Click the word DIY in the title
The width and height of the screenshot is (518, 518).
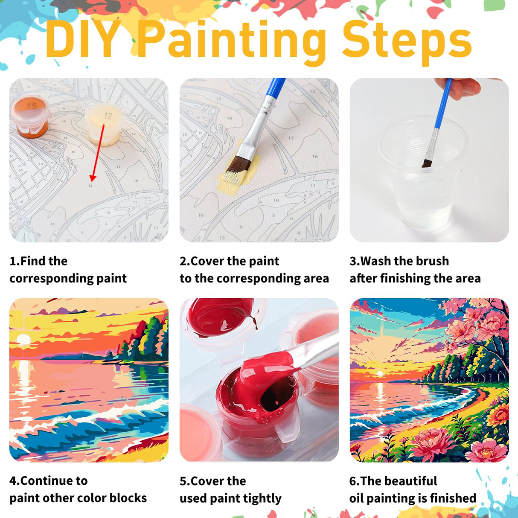83,40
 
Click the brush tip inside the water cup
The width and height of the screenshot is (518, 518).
427,163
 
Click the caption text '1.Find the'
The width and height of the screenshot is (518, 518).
38,261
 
